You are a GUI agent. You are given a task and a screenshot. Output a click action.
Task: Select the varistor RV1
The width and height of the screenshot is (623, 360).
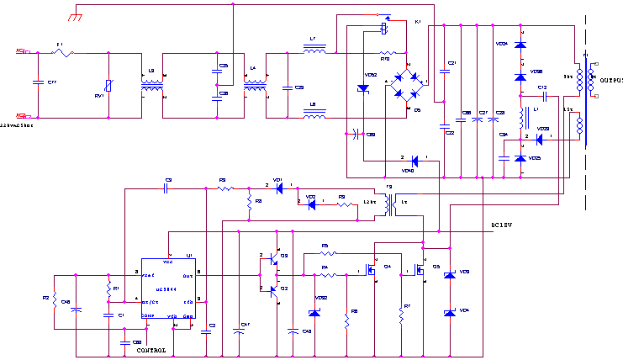(x=108, y=86)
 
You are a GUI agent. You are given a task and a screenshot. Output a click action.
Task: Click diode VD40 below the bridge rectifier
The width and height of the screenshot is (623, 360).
(x=414, y=161)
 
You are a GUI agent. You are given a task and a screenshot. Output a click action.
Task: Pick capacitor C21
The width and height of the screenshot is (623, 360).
(x=445, y=64)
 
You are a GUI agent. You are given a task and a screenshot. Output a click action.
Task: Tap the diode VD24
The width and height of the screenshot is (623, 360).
(x=520, y=44)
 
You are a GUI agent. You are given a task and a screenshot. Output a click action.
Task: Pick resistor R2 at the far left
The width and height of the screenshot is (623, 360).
(x=54, y=300)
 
